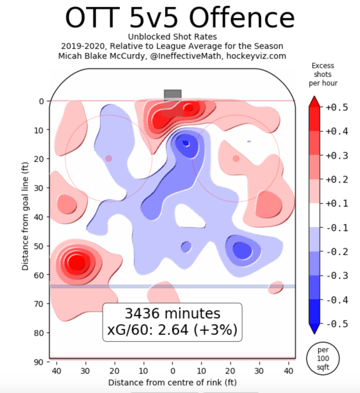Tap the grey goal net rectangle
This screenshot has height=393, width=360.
(172, 95)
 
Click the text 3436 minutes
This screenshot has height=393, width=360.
(172, 313)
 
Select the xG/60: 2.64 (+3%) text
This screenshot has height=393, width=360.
(172, 330)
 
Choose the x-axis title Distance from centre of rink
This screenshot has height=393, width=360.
(172, 383)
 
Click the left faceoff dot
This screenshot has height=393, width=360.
(109, 158)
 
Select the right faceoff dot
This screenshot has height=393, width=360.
(236, 158)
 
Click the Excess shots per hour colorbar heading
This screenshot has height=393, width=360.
(323, 74)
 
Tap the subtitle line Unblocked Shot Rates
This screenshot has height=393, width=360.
(172, 37)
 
